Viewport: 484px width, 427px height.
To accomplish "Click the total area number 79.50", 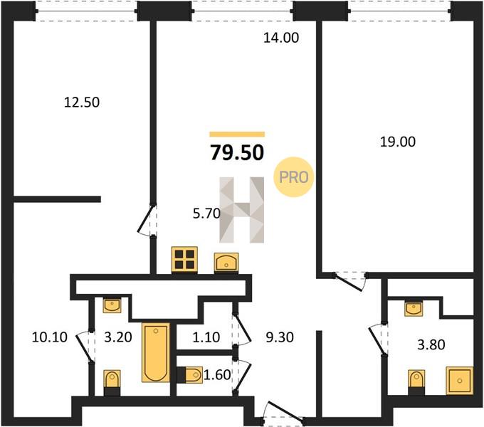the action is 237,153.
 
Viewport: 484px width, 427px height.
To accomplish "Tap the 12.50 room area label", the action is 82,102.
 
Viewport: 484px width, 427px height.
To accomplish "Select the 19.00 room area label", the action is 398,142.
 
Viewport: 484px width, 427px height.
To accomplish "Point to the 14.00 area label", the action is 281,38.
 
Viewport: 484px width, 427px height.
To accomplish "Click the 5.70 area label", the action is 206,213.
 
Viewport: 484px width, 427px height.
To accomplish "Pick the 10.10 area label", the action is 50,337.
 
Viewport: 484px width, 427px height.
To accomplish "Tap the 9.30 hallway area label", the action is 280,337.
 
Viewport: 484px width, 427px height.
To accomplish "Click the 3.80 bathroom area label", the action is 431,344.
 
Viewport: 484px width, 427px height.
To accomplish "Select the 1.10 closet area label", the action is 206,337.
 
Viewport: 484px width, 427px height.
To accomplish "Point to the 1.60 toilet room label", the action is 217,375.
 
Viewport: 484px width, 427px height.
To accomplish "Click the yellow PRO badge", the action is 294,177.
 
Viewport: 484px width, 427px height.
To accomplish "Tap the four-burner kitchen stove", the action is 184,260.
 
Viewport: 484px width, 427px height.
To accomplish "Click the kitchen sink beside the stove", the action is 226,263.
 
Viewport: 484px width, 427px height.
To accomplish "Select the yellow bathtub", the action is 156,352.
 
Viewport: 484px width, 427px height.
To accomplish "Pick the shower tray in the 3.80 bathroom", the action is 460,381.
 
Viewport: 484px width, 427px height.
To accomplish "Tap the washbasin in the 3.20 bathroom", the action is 112,305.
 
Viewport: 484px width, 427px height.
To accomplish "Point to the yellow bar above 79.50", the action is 237,135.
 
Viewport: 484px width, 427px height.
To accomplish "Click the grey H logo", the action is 242,210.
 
